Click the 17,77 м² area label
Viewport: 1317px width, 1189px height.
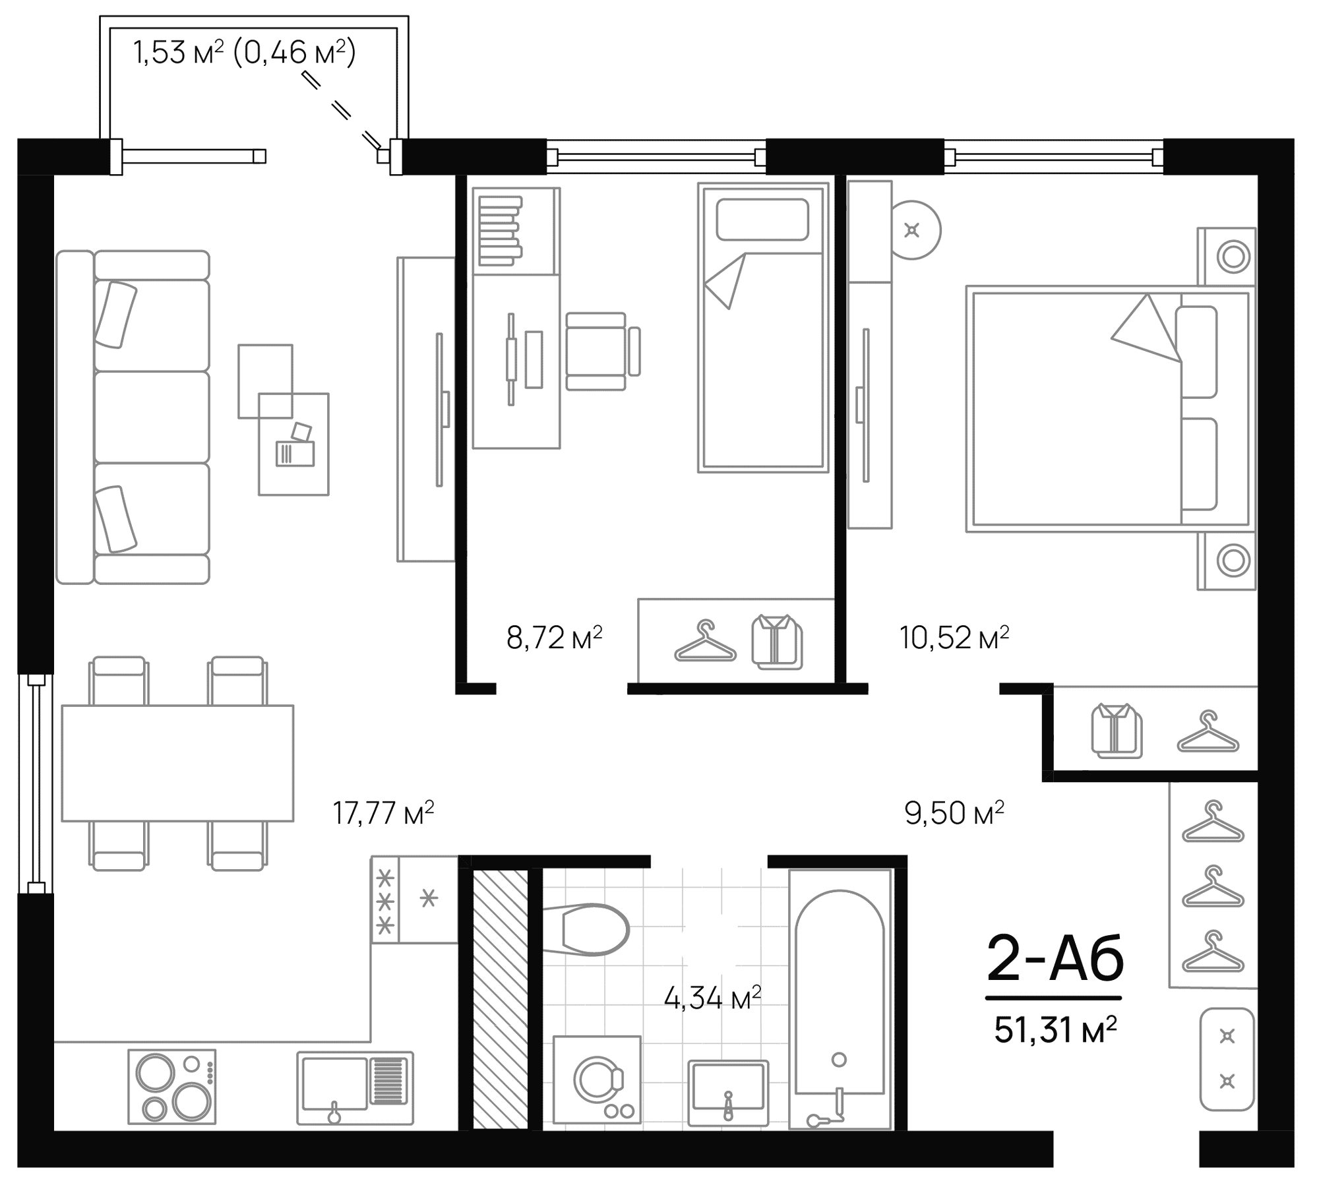[383, 812]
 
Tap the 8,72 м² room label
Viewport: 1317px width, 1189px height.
[554, 638]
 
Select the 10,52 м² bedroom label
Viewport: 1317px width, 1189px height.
[954, 638]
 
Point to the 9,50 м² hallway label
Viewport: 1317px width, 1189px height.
[954, 812]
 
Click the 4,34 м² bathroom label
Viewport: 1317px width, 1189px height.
[712, 999]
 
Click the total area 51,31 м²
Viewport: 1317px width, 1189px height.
[1055, 1030]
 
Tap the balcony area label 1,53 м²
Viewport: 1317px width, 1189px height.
[178, 53]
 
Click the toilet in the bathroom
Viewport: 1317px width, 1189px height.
[590, 929]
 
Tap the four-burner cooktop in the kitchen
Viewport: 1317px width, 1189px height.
[171, 1086]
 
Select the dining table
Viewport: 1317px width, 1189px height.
[177, 763]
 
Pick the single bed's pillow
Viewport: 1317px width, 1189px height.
[762, 220]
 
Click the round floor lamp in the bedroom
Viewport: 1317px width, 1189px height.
[913, 230]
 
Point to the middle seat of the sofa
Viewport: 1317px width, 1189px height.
[152, 417]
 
